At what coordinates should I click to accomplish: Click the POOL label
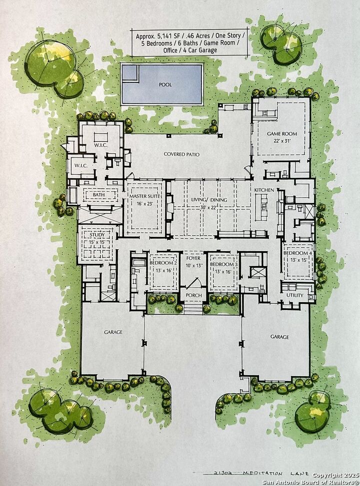(165, 84)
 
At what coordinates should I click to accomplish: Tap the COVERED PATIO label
(182, 155)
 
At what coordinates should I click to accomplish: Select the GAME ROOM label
(282, 134)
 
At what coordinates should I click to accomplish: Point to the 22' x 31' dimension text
(282, 140)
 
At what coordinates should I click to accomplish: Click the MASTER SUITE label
(144, 197)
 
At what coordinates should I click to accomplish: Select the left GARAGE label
(113, 332)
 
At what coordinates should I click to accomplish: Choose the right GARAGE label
(279, 337)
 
